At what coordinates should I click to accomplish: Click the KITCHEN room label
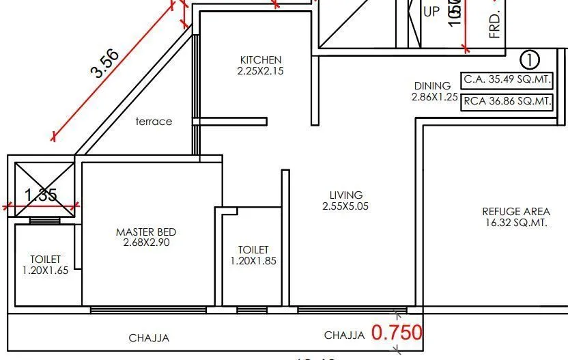pos(260,59)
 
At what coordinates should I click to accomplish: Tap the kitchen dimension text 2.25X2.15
pos(260,70)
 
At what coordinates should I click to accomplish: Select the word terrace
pos(154,122)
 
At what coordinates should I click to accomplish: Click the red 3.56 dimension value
pos(106,64)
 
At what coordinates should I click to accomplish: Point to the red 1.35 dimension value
pos(41,195)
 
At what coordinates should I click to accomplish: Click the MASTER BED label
pos(146,232)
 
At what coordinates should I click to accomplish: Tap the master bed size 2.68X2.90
pos(146,243)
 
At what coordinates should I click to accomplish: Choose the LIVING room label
pos(345,195)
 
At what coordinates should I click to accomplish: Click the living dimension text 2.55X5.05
pos(345,206)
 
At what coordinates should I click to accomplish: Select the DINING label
pos(432,86)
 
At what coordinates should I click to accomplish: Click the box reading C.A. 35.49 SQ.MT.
pos(507,79)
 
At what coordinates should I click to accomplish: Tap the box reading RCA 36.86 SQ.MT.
pos(507,102)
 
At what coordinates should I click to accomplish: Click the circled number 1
pos(530,60)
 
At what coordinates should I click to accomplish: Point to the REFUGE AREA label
pos(515,212)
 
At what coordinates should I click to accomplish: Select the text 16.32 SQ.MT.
pos(515,223)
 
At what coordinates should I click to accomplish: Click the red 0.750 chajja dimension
pos(397,333)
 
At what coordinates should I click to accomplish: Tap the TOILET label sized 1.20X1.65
pos(45,260)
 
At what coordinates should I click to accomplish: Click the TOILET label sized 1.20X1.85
pos(253,250)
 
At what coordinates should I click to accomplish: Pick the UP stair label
pos(431,12)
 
